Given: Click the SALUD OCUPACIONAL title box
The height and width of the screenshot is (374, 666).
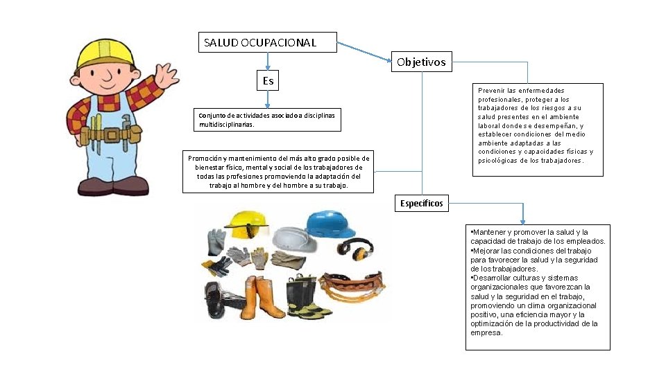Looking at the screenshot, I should click(x=267, y=42).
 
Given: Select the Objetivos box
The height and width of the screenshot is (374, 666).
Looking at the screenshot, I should click(x=422, y=62).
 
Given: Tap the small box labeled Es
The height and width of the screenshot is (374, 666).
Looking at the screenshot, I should click(x=268, y=81).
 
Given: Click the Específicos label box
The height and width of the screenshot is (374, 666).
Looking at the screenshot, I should click(x=422, y=203).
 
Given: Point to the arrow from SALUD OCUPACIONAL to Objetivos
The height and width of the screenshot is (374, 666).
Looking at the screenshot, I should click(x=364, y=51).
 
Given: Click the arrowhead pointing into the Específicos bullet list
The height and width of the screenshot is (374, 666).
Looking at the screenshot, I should click(x=522, y=220).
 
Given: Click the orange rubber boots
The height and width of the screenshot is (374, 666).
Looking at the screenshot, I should click(x=264, y=295).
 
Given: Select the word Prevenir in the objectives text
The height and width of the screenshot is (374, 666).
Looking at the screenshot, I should click(x=490, y=90).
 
